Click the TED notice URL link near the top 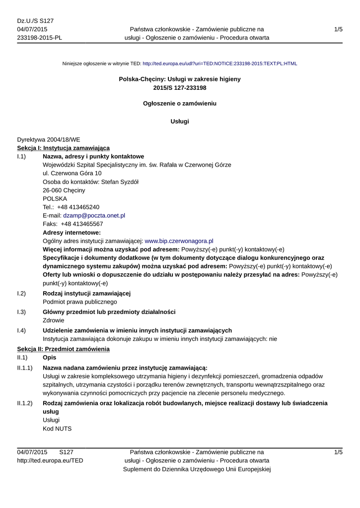tap(219, 63)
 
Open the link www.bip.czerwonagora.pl tap(179, 241)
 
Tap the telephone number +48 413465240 tap(78, 207)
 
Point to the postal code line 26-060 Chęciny tap(64, 190)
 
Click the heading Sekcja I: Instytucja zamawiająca tap(63, 148)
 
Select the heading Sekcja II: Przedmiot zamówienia tap(63, 349)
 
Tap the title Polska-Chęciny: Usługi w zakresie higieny tap(180, 79)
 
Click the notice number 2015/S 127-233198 tap(180, 87)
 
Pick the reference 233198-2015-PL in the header tap(39, 37)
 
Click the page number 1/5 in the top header tap(338, 29)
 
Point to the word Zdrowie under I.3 tap(54, 320)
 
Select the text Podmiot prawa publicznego tap(80, 301)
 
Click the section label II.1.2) tap(25, 403)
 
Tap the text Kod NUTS tap(58, 428)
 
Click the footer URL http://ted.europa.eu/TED tap(50, 460)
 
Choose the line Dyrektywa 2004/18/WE tap(48, 140)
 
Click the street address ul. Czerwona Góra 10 tap(72, 173)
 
